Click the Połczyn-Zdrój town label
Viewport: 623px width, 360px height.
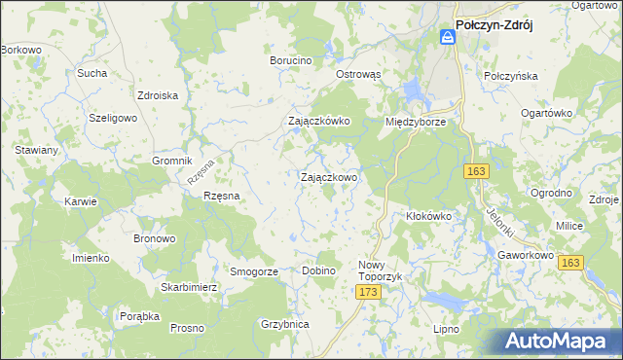(x=506, y=28)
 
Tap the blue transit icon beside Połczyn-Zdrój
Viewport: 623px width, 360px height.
(x=447, y=37)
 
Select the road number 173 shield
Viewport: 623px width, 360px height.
(x=367, y=292)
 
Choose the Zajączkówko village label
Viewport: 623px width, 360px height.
(x=318, y=122)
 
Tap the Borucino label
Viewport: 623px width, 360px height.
(x=290, y=60)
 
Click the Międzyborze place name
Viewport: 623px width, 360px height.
(x=416, y=123)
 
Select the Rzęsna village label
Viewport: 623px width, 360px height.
(x=221, y=196)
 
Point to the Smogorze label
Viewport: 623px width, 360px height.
(x=254, y=271)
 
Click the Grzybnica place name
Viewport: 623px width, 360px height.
(x=285, y=325)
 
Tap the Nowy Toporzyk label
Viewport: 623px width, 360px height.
(x=380, y=270)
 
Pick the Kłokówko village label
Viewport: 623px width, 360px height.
(x=429, y=216)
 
